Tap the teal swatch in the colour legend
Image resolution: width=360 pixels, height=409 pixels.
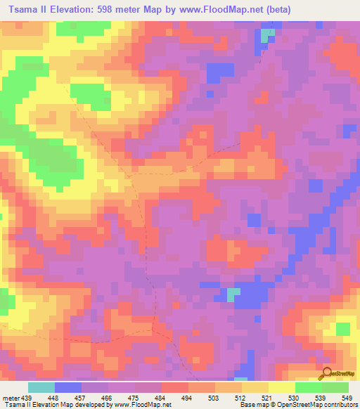[x=41, y=387]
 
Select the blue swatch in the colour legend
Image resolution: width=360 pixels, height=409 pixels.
[x=68, y=387]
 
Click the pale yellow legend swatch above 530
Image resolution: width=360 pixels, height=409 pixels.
[x=281, y=387]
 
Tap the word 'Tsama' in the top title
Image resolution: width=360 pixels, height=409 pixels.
[x=20, y=9]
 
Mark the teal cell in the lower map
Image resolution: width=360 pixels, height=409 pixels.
[x=232, y=293]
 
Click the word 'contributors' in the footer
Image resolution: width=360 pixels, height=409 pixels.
[x=339, y=405]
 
